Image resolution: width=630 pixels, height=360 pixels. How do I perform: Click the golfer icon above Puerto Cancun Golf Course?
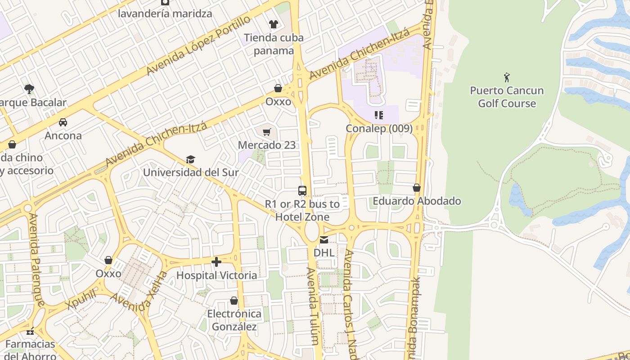[x=507, y=77]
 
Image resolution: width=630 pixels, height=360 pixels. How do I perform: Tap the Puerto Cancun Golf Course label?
[x=507, y=97]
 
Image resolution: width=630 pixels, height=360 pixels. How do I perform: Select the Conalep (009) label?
[x=379, y=129]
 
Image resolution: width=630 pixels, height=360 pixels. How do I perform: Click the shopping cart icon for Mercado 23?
[x=267, y=132]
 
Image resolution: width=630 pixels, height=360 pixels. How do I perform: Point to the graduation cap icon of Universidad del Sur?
[x=191, y=160]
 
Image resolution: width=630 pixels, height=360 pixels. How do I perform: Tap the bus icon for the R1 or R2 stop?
[x=302, y=191]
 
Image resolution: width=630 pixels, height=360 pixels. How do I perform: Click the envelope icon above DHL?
[x=324, y=240]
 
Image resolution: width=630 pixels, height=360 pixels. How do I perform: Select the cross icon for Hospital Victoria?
[x=216, y=262]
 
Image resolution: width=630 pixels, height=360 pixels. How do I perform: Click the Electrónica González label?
[x=234, y=320]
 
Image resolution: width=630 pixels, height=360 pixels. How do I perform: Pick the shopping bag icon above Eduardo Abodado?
[x=417, y=188]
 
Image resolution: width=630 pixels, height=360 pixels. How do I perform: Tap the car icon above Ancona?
[x=63, y=122]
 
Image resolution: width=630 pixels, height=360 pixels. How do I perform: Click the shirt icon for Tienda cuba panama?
[x=273, y=24]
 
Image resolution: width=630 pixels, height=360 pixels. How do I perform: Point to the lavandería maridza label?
[x=165, y=13]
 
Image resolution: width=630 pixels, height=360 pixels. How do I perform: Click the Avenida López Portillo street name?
[x=198, y=46]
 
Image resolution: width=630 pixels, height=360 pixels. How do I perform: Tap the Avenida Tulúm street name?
[x=315, y=306]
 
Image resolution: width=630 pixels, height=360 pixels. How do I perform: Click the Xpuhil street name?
[x=81, y=299]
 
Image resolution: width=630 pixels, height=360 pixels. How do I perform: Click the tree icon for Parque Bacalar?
[x=29, y=89]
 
